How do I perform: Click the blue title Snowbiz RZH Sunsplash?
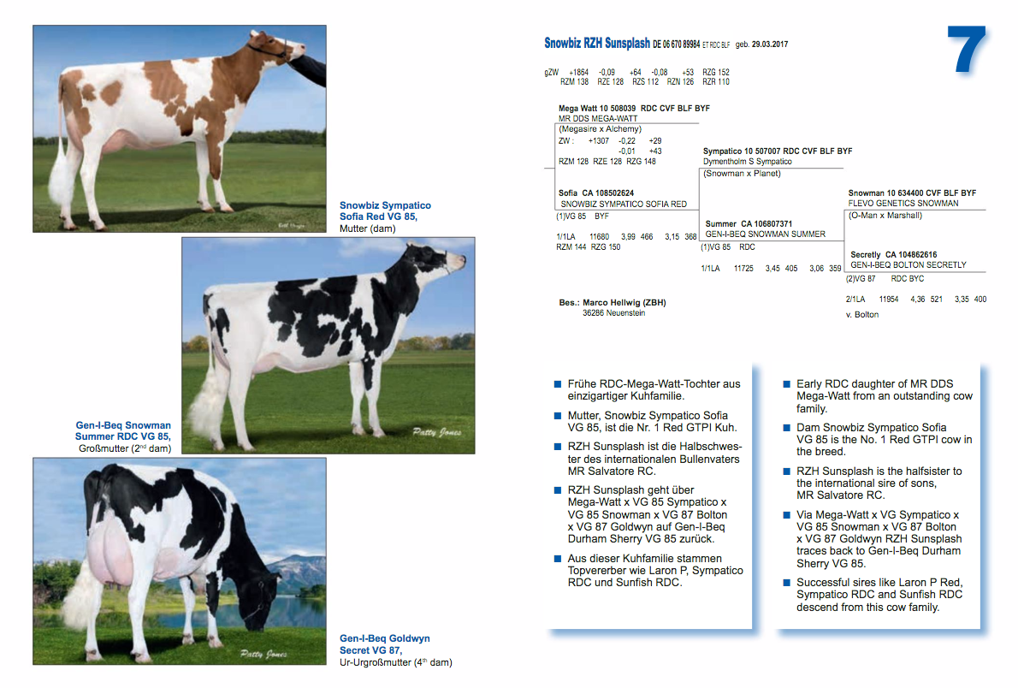pos(596,44)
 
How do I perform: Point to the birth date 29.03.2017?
pos(770,44)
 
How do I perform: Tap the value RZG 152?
pos(716,72)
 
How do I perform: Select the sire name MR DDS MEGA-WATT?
pos(598,119)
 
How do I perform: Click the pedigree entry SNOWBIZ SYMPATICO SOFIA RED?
pos(624,204)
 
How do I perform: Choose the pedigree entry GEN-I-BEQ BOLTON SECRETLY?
pos(909,265)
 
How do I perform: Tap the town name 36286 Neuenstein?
pos(613,313)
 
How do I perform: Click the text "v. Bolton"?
pos(862,314)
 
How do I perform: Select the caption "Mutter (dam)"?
pos(368,228)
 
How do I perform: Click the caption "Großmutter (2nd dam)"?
pos(125,448)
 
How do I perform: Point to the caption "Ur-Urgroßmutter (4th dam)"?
pos(396,662)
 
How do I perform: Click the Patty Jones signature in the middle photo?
pos(436,432)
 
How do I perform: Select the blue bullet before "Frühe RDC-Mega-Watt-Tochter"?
pos(557,384)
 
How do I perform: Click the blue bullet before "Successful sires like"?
pos(786,583)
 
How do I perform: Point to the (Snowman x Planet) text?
pos(742,174)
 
